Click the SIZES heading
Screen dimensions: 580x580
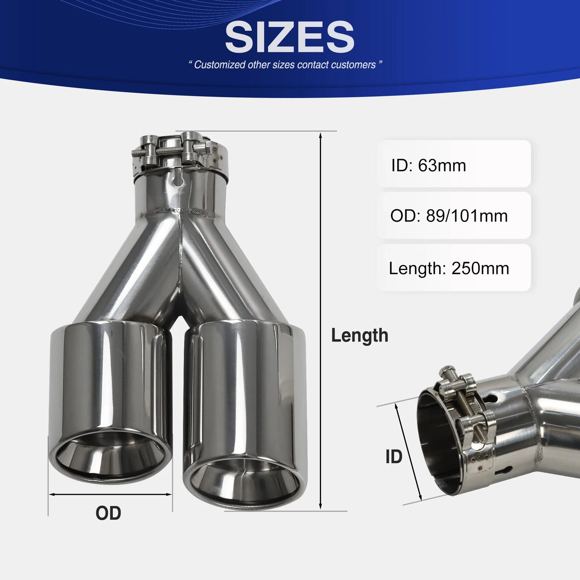(x=289, y=37)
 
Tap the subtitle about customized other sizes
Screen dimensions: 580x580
(x=285, y=65)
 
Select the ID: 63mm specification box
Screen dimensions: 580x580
(x=454, y=165)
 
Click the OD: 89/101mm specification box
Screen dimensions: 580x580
(x=454, y=216)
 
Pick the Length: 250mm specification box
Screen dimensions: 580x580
(x=454, y=268)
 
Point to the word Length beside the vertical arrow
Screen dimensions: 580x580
(x=359, y=336)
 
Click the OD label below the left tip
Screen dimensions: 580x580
(x=108, y=513)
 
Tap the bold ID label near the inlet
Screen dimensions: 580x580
(x=393, y=457)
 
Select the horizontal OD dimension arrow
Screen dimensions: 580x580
(x=110, y=495)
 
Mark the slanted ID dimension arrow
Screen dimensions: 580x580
(x=408, y=452)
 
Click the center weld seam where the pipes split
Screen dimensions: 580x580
(x=179, y=257)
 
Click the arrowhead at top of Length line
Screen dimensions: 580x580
(x=320, y=135)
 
